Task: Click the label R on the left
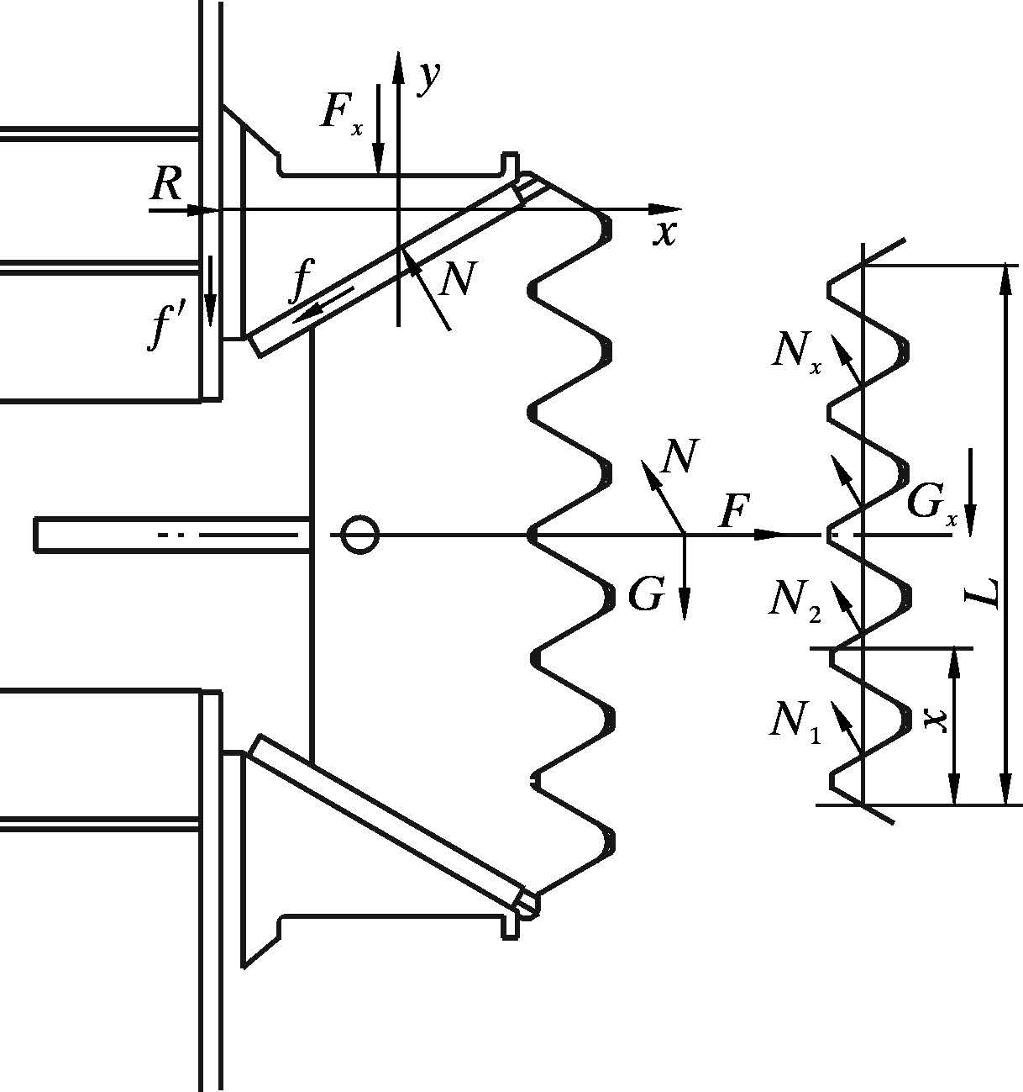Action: [x=166, y=185]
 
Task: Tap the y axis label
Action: [x=429, y=77]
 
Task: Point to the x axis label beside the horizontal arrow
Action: [x=664, y=233]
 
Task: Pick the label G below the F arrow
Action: [x=646, y=595]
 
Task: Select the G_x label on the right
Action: [x=931, y=506]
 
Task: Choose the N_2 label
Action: [x=795, y=599]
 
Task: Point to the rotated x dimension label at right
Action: [x=935, y=719]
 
